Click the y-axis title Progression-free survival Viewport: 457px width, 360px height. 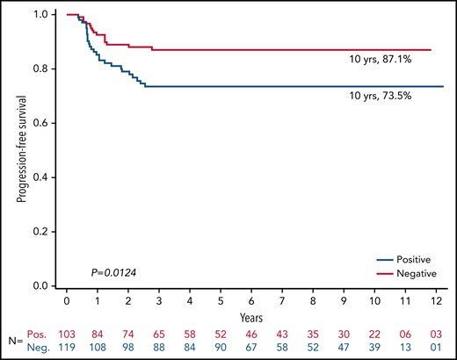(x=18, y=150)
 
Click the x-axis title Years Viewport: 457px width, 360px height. (x=253, y=313)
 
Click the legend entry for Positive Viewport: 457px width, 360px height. (x=417, y=260)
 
